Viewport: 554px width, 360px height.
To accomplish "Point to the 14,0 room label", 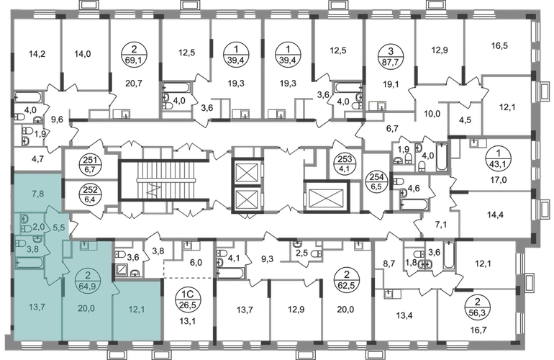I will click(x=78, y=53).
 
